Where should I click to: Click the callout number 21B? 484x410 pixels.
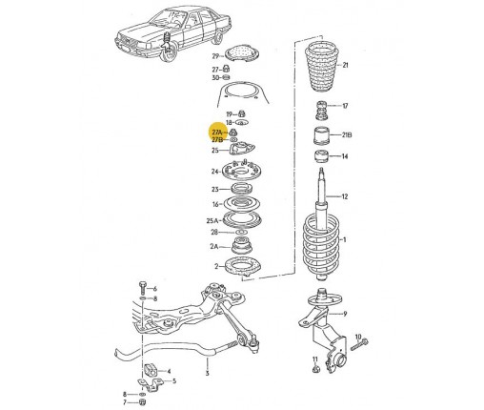coord(347,135)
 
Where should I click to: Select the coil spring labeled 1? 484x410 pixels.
coord(322,245)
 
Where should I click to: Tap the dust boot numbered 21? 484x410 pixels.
coord(322,67)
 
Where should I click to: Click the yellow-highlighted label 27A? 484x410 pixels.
coord(217,132)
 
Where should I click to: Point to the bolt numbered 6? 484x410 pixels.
coord(142,287)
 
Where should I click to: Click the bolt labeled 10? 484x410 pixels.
coord(359,344)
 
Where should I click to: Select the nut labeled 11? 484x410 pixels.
coord(315,369)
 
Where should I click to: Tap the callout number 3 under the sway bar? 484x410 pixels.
coord(207,373)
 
